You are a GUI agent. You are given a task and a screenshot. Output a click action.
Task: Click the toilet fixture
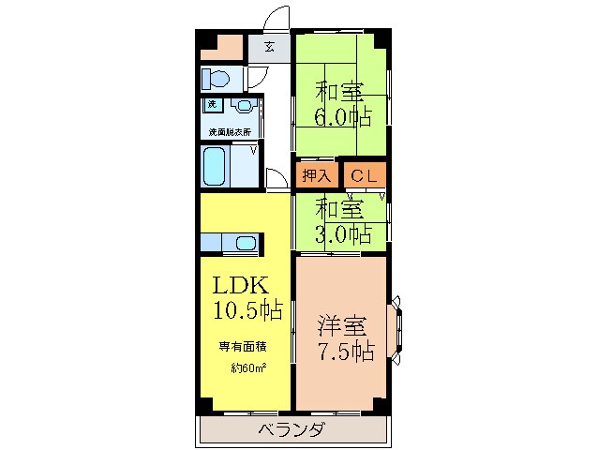tap(215, 78)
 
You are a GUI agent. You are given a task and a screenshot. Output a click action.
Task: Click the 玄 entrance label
tap(269, 46)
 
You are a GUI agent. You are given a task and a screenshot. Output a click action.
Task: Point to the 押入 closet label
tap(316, 174)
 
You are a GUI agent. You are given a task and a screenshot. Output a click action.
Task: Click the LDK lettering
tap(242, 285)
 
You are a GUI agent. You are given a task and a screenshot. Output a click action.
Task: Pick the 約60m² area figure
tap(248, 367)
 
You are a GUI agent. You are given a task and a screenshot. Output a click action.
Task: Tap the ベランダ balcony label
tap(291, 430)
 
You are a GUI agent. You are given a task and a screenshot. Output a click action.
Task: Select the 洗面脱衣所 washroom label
tap(229, 130)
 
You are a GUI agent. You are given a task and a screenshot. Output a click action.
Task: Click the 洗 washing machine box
tap(212, 105)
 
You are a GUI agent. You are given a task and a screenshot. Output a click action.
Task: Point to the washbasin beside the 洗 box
tap(243, 106)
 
